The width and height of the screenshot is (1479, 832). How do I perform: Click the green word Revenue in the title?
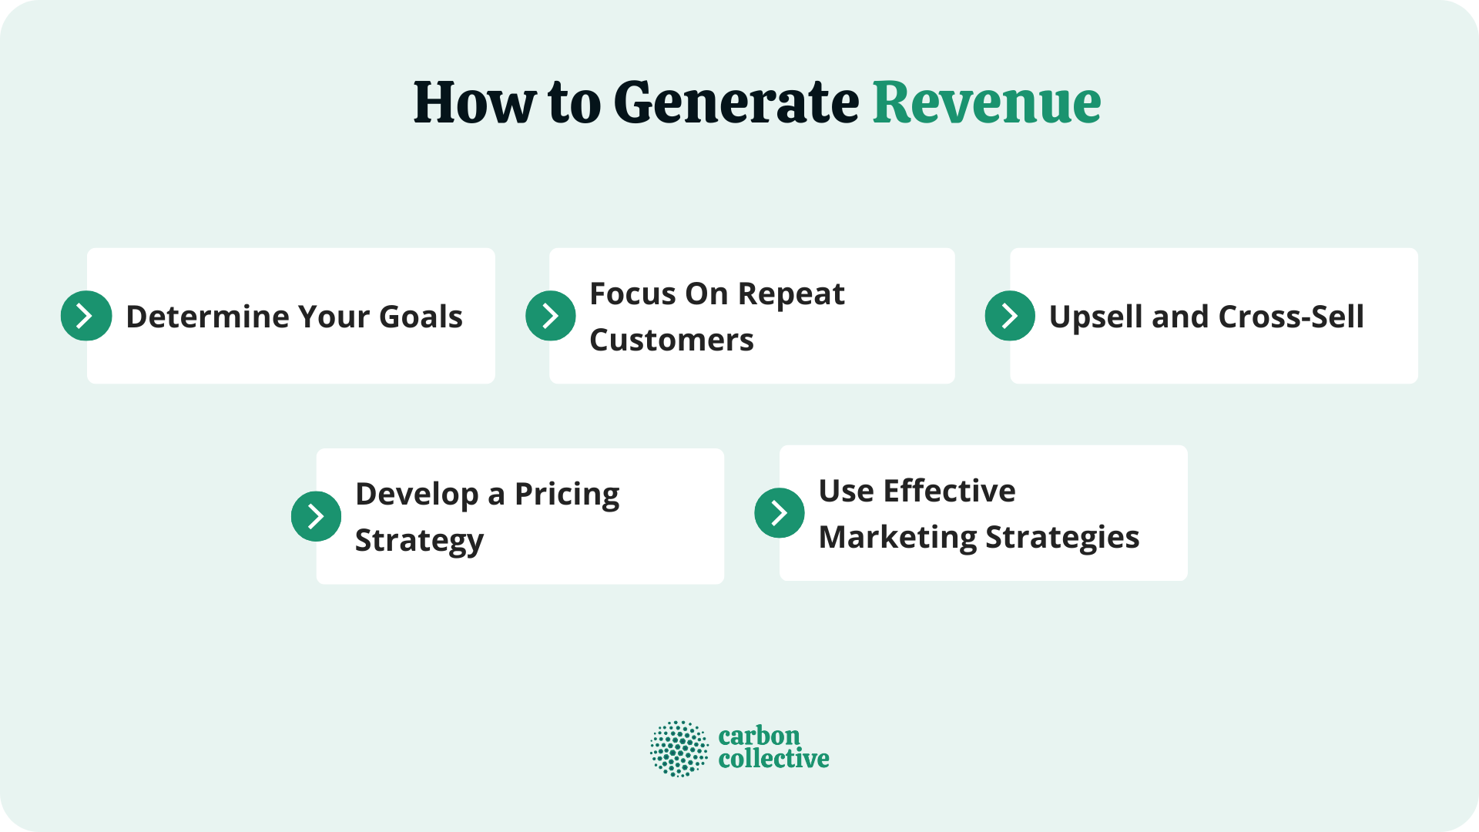pos(986,102)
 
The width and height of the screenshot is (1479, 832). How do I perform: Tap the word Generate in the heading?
pos(736,102)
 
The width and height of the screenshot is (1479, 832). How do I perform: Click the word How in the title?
pos(474,102)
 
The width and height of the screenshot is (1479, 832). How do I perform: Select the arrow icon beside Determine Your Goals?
pos(86,316)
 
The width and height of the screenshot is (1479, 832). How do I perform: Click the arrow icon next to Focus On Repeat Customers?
pos(551,316)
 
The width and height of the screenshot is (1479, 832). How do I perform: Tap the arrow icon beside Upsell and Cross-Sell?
pos(1010,316)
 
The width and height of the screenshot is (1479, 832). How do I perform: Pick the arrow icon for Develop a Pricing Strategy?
pos(316,516)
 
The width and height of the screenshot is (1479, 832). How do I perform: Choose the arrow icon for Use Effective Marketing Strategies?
pos(780,513)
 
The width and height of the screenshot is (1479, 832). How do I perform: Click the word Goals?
pos(421,317)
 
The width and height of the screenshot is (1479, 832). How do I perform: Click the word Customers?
pos(671,340)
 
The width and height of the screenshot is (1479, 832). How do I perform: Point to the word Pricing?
pos(566,495)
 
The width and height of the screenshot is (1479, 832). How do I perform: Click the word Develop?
pos(416,495)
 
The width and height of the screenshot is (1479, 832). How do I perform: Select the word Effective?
pos(949,491)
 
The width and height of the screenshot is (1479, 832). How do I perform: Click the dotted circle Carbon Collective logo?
pos(679,748)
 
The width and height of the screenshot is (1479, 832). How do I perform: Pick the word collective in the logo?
pos(773,759)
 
